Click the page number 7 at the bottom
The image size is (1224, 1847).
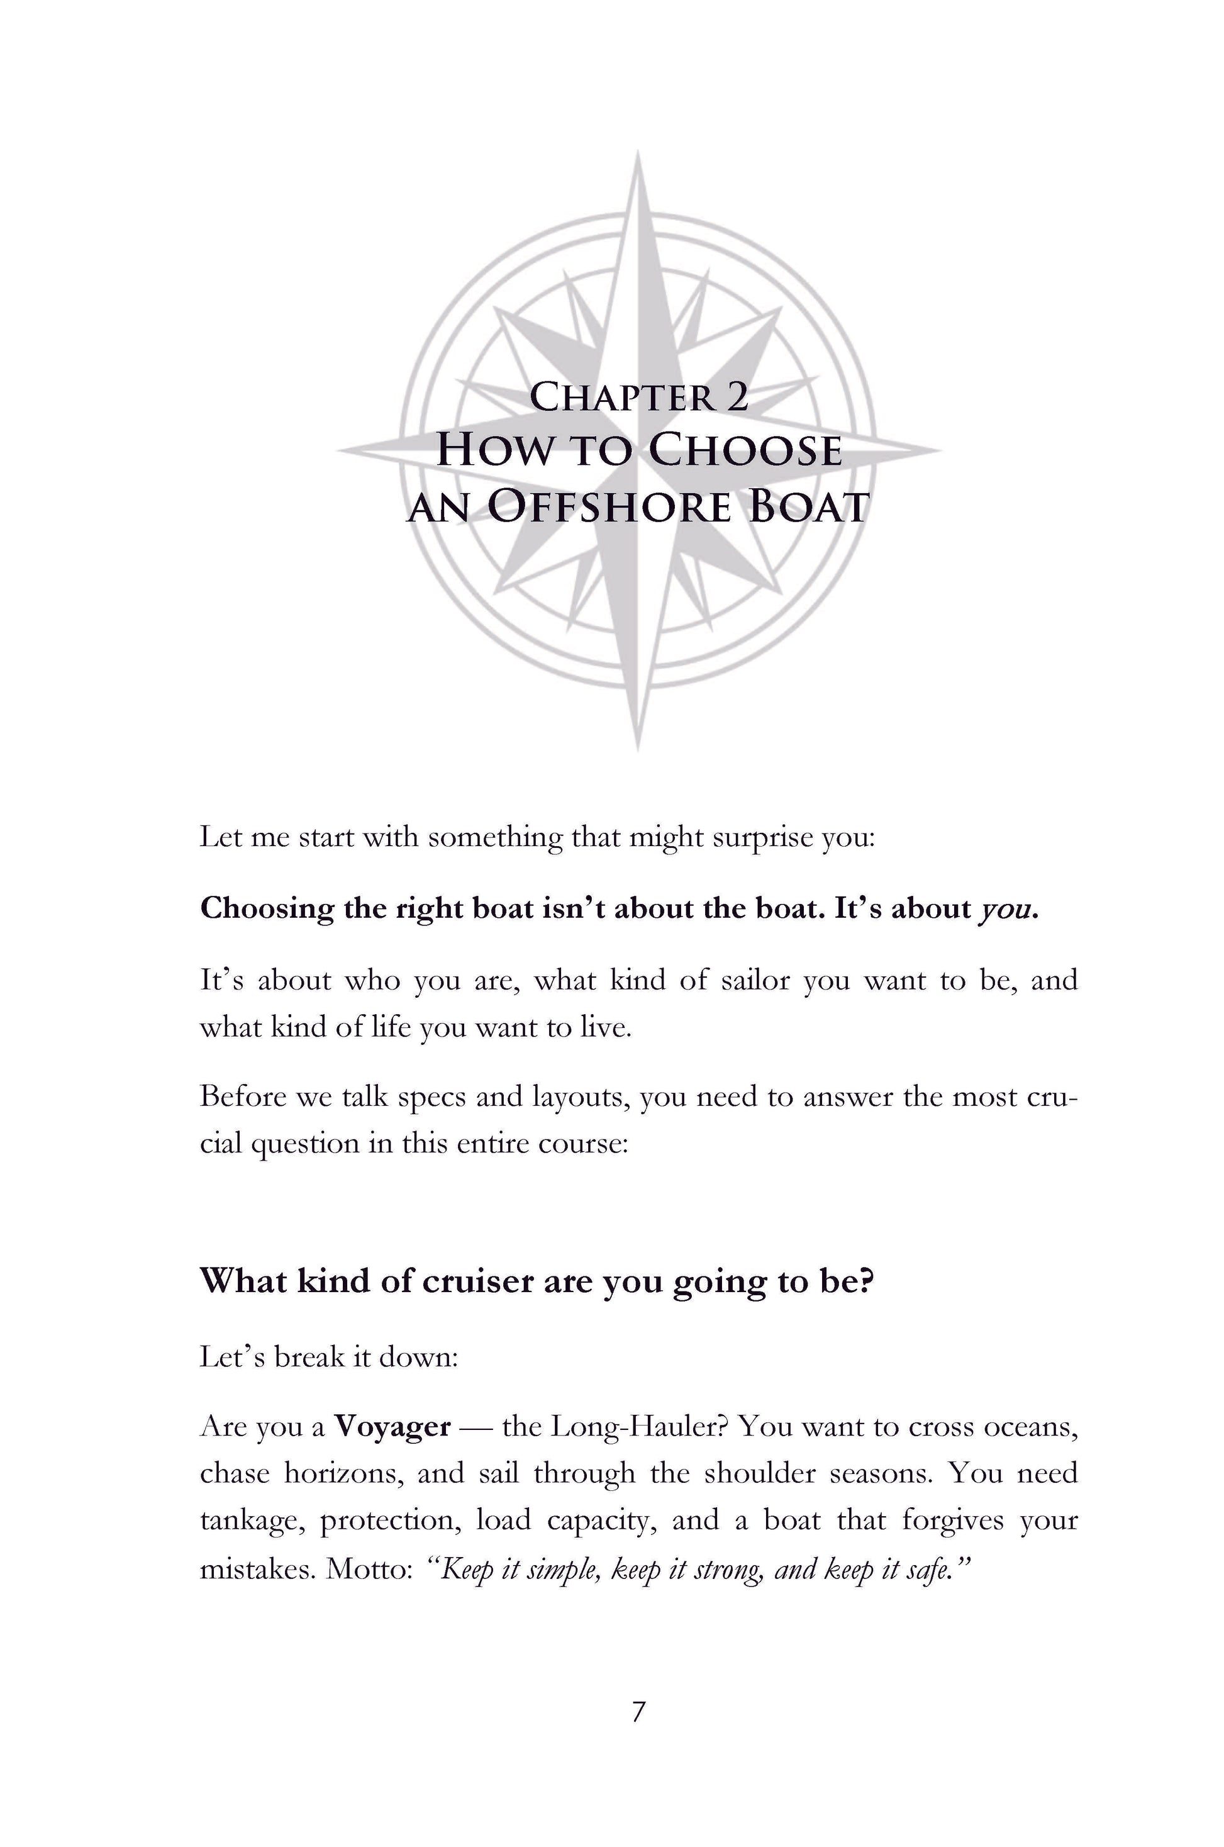638,1711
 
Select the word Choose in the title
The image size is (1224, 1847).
745,451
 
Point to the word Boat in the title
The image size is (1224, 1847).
808,508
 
